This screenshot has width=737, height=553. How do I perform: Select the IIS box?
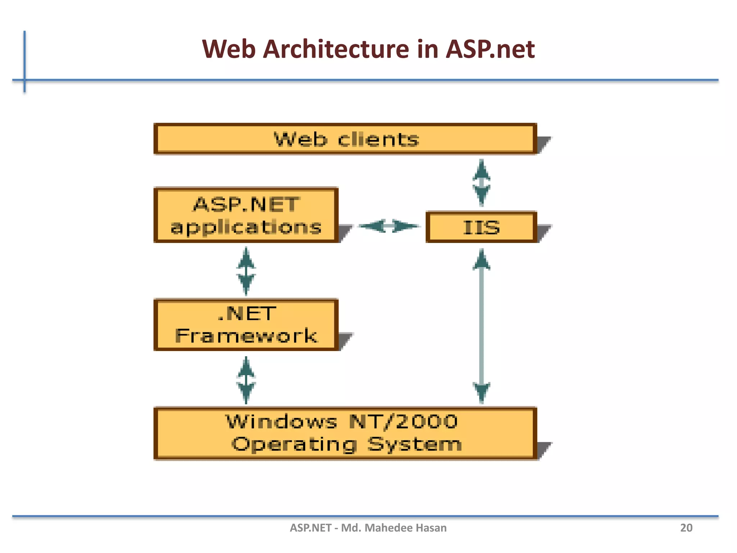(x=481, y=227)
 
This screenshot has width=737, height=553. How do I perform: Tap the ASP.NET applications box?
(x=246, y=215)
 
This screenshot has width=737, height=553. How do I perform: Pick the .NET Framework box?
(x=246, y=324)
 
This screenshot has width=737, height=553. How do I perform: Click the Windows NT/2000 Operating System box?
(x=345, y=433)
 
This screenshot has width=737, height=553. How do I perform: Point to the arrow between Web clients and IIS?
(x=481, y=183)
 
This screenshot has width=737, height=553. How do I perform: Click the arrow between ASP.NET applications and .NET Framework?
(x=246, y=271)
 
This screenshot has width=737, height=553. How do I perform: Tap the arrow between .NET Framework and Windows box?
(x=246, y=380)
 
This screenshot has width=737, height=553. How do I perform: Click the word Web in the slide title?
(x=229, y=49)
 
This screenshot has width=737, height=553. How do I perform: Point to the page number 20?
(x=686, y=528)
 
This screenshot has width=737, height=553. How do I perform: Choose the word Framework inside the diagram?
(x=246, y=336)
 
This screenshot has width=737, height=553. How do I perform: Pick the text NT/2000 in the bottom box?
(x=403, y=422)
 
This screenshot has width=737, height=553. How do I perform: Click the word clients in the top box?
(x=378, y=139)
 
